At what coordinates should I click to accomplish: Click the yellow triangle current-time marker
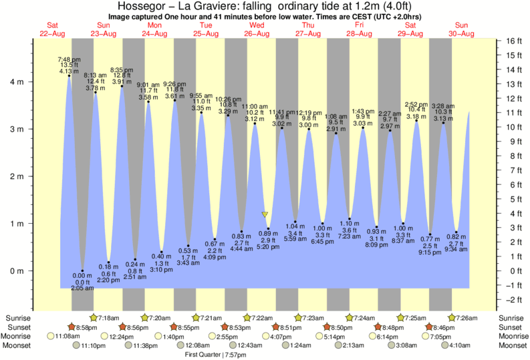coord(265,215)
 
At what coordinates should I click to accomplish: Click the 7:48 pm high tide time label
coord(69,59)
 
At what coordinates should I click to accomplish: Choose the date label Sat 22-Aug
coord(53,29)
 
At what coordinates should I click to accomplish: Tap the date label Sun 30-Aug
coord(461,29)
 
